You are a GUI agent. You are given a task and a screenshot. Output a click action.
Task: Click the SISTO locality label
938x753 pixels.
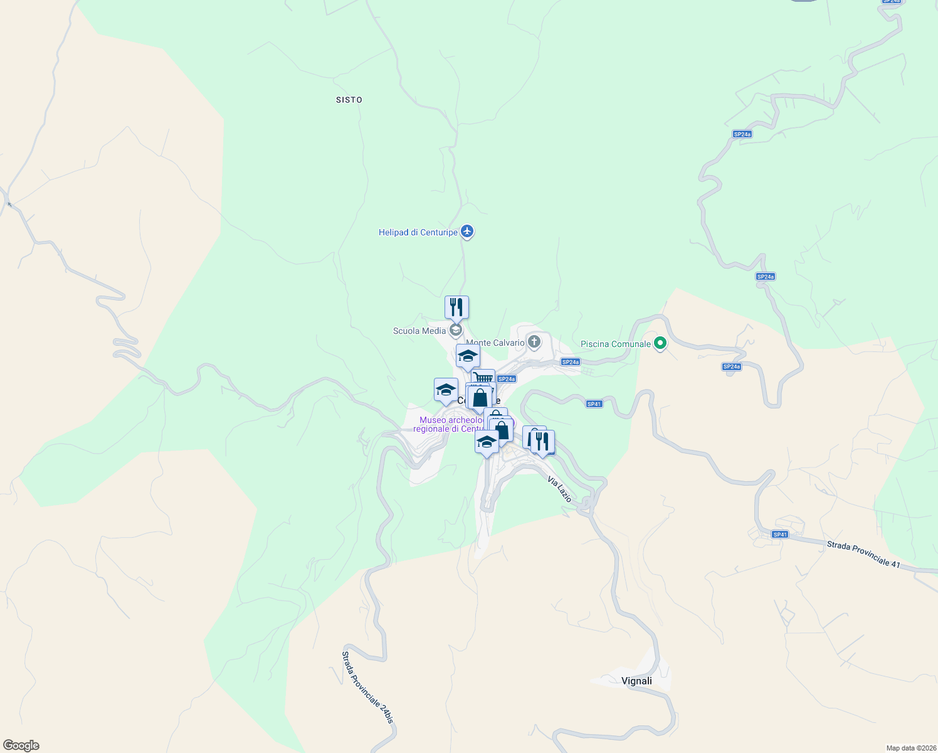(x=349, y=100)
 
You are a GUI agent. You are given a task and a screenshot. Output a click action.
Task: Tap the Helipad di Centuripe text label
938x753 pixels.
(x=418, y=232)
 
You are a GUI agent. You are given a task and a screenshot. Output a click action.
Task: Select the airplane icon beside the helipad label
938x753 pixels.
(x=466, y=232)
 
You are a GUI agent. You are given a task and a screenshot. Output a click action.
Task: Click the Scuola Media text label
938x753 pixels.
(x=419, y=331)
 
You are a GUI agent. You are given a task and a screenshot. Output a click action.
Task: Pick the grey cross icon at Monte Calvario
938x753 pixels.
(x=534, y=342)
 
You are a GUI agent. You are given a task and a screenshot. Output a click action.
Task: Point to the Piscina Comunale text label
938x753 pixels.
(x=616, y=344)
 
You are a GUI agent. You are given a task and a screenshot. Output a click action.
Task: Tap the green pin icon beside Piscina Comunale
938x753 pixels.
(x=660, y=343)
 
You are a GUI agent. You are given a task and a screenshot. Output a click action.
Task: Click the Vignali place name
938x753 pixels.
(x=636, y=681)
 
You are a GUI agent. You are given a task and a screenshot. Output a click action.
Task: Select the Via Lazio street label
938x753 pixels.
(x=560, y=489)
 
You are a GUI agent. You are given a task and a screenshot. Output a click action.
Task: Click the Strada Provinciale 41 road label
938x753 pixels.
(x=863, y=554)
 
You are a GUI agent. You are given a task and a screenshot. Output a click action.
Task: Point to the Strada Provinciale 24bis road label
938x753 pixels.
(x=367, y=687)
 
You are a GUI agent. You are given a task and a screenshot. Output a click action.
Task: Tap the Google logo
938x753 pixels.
(x=21, y=745)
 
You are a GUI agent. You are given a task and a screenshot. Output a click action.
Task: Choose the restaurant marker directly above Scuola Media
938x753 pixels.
(x=456, y=307)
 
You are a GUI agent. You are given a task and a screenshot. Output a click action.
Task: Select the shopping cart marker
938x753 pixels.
(x=483, y=378)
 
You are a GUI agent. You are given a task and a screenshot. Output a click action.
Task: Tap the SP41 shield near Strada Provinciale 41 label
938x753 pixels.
(x=779, y=535)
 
